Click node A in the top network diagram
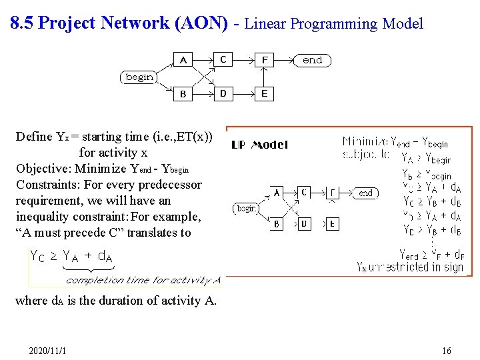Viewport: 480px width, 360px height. pos(183,60)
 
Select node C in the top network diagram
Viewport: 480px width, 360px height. pos(223,60)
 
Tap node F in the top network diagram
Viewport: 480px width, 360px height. pos(265,60)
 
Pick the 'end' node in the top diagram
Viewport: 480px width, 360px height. pos(312,60)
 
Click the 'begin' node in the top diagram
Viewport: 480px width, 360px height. pos(139,77)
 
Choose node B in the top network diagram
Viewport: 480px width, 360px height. pos(183,94)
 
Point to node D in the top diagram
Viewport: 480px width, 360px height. pos(223,93)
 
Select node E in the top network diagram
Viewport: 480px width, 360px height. pos(265,93)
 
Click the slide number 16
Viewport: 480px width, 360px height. pos(446,351)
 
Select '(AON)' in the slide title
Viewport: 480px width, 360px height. pos(201,23)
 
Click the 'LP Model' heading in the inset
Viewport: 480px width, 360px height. pos(259,145)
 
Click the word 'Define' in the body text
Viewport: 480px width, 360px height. pos(34,137)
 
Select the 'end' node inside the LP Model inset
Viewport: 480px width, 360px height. pos(365,193)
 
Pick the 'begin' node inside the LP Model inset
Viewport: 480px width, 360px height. pos(247,209)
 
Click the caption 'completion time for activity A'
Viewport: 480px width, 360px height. pos(143,280)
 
